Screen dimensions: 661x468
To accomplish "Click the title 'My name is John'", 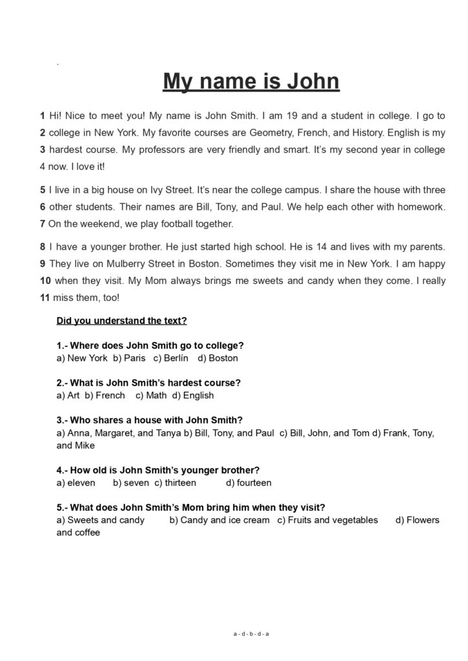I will [x=250, y=82].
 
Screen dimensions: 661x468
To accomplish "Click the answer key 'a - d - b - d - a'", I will [x=251, y=633].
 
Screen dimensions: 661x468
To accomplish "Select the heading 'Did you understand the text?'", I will [x=121, y=320].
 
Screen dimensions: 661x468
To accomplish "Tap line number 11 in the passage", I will [x=45, y=298].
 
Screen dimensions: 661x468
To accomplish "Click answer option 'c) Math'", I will [x=151, y=395].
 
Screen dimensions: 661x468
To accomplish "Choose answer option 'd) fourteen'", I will [x=249, y=482].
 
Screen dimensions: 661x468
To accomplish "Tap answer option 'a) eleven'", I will [x=76, y=482].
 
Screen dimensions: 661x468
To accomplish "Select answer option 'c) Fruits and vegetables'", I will [x=327, y=520].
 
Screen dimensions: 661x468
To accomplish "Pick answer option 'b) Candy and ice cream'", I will [x=219, y=520].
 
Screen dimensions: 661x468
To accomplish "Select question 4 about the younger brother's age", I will [x=158, y=470].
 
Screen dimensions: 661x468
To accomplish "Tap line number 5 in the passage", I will [x=42, y=190].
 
